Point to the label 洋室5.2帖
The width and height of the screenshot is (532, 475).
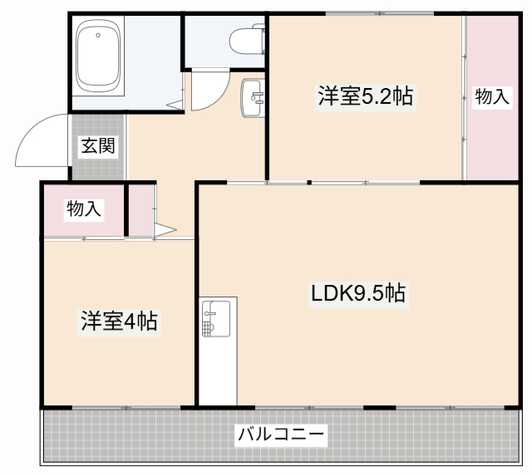[x=364, y=96]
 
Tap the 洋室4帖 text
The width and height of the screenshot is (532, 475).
[x=120, y=321]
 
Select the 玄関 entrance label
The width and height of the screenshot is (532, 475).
[x=97, y=147]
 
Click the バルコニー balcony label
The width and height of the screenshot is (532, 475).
[x=281, y=434]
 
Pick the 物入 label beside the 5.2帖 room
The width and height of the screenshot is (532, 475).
[x=491, y=96]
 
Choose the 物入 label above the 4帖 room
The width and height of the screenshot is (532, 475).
[x=83, y=209]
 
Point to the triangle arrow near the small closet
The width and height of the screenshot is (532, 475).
[x=165, y=228]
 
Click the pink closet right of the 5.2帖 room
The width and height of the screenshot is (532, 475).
[x=490, y=133]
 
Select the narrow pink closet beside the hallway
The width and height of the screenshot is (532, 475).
[x=141, y=211]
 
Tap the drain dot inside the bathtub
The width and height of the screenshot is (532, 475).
[x=98, y=35]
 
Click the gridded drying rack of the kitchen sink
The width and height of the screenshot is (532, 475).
[x=208, y=326]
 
